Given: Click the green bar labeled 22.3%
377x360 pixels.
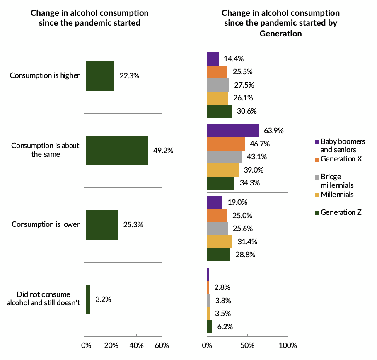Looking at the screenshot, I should [x=100, y=76].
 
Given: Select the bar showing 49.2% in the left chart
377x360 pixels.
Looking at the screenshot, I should [x=117, y=151].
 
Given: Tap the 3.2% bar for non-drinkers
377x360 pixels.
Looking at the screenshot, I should [x=88, y=299].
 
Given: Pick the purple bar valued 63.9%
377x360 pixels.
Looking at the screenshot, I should [x=232, y=131].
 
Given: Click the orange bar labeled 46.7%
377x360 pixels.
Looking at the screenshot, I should [x=226, y=144].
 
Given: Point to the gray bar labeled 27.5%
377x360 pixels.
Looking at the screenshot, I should [x=218, y=85].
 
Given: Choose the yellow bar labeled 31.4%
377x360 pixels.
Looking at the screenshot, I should [x=220, y=241].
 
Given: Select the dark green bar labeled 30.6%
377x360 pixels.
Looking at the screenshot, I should [x=219, y=111].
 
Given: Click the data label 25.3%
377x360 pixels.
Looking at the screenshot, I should [x=133, y=225].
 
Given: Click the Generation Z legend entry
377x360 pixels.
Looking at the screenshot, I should [x=341, y=212].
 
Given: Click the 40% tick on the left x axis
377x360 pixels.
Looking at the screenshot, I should [x=136, y=345].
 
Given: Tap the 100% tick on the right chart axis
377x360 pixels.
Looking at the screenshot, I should [x=288, y=345].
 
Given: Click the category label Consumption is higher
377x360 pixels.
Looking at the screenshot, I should [x=44, y=76].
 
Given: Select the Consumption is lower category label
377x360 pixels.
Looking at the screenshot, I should [x=46, y=225].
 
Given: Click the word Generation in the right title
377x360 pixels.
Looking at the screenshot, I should [x=280, y=34].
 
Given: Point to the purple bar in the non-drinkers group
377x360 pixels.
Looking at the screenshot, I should [x=208, y=275].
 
